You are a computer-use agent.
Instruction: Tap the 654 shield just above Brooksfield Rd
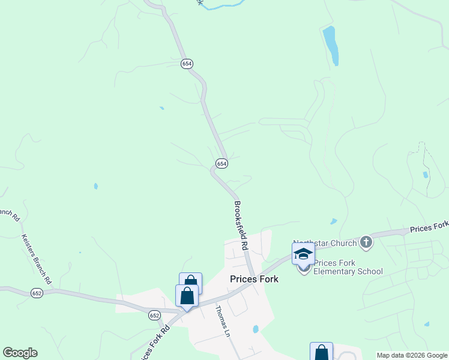pyautogui.click(x=221, y=163)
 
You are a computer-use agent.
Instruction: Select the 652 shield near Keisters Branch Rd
pyautogui.click(x=37, y=293)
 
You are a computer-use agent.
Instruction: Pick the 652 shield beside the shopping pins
pyautogui.click(x=155, y=315)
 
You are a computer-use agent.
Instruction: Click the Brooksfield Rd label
pyautogui.click(x=240, y=226)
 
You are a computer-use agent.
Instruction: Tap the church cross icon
pyautogui.click(x=366, y=242)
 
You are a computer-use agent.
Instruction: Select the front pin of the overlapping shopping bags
pyautogui.click(x=187, y=296)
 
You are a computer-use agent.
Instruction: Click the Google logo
pyautogui.click(x=20, y=353)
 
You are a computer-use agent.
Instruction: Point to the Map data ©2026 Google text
pyautogui.click(x=412, y=355)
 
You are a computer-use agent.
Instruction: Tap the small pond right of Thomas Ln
pyautogui.click(x=256, y=329)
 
